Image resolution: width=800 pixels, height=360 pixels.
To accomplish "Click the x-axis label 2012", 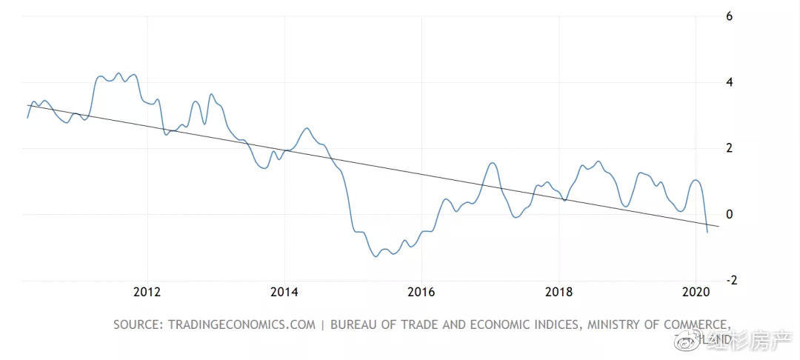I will [x=147, y=292].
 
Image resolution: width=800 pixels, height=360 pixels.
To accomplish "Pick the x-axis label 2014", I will [x=284, y=292].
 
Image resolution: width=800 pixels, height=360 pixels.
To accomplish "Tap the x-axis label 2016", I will [x=421, y=292].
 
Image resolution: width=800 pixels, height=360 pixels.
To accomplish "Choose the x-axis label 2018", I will [x=559, y=292].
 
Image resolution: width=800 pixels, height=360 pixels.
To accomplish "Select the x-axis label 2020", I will [x=696, y=292].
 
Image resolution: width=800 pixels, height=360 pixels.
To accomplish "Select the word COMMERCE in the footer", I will [x=693, y=324].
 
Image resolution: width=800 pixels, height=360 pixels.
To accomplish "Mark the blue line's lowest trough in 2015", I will [x=377, y=256].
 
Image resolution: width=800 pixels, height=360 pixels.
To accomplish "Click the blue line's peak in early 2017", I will [x=493, y=163].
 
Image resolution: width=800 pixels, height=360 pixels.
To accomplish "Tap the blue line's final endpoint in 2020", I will [x=707, y=233].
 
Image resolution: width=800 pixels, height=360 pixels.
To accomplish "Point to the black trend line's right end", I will [x=719, y=227].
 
